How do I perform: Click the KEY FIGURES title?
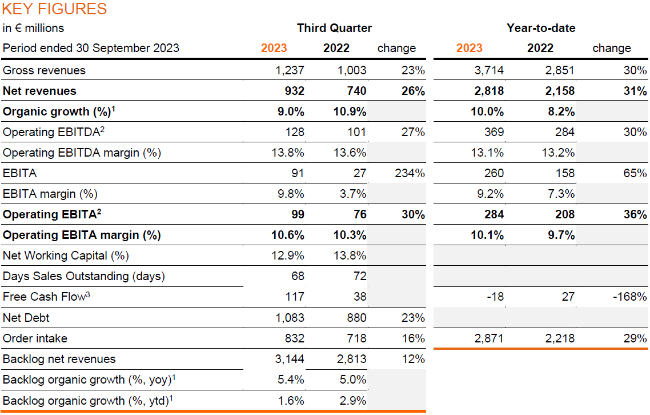pos(55,9)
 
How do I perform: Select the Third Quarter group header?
pos(334,28)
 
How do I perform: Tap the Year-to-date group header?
pos(541,28)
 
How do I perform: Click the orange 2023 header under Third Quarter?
pos(274,48)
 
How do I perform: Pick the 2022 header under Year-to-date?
pos(540,48)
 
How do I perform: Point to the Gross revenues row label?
pos(44,70)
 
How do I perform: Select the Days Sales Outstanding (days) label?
pos(84,276)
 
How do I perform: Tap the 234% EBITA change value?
pos(410,173)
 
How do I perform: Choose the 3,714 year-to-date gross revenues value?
pos(490,70)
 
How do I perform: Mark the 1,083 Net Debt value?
pos(289,318)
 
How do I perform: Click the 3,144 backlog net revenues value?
pos(289,359)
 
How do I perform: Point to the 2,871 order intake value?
pos(489,338)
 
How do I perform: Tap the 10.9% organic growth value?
pos(350,111)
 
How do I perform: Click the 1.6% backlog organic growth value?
pos(291,401)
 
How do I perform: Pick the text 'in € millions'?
pos(33,28)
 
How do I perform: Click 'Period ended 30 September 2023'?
pos(91,48)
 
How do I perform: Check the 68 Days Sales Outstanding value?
pos(297,276)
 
